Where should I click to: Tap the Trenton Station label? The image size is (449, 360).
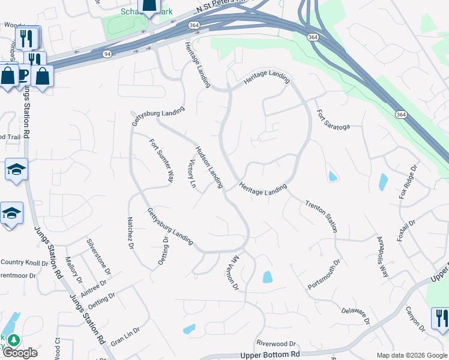322,217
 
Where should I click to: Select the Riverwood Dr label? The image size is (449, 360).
276,344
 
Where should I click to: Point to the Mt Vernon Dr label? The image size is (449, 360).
234,271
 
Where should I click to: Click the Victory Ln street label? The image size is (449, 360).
192,175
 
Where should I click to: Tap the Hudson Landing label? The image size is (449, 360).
208,166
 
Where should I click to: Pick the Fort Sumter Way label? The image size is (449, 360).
161,160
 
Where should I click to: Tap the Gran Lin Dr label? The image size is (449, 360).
125,335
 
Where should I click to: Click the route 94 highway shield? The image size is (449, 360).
106,54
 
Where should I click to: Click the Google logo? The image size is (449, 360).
20,353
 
